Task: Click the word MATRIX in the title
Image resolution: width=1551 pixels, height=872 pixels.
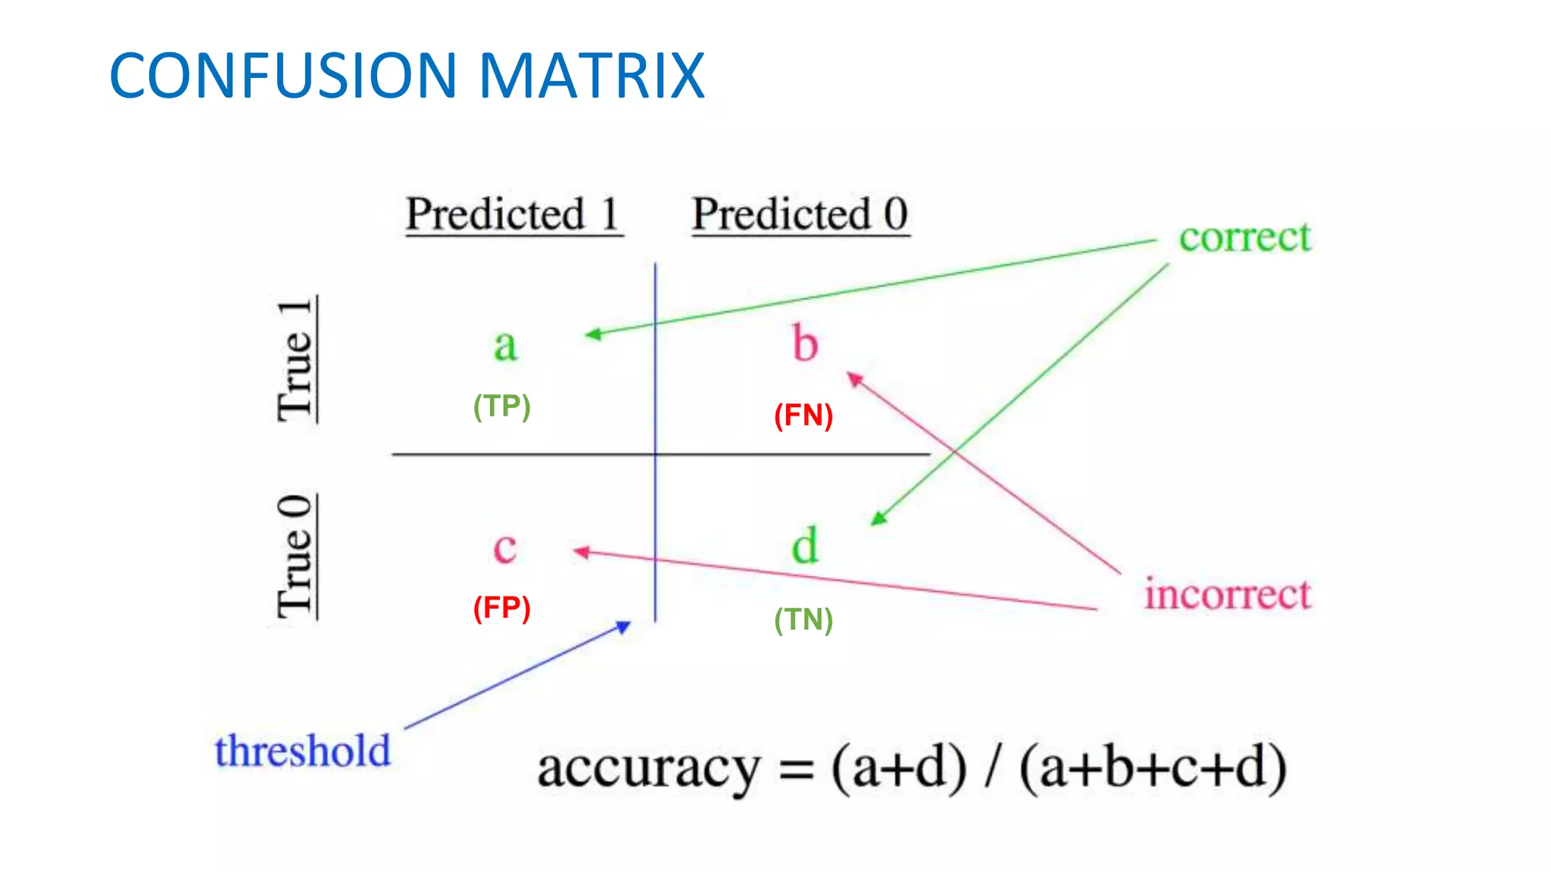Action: pos(591,76)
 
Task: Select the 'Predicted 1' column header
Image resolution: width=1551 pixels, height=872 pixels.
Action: pos(513,214)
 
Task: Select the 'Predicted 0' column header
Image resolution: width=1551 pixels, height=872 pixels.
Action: pos(800,214)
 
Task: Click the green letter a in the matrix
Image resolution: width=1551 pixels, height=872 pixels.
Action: pos(505,345)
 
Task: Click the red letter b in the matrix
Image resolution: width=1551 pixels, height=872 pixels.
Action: pos(805,343)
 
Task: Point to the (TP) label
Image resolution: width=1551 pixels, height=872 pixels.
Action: pos(501,406)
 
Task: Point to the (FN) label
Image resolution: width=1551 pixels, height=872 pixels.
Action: pos(803,416)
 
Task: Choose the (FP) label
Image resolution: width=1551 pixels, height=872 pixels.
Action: pos(501,608)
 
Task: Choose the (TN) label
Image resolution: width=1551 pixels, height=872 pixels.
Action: pos(803,620)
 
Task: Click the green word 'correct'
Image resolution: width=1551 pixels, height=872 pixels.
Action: pos(1244,238)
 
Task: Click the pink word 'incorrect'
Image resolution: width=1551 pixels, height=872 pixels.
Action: pos(1227,593)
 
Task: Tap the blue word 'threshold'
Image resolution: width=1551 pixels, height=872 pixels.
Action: pos(302,751)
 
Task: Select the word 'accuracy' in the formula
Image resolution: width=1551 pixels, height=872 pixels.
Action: pos(648,769)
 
